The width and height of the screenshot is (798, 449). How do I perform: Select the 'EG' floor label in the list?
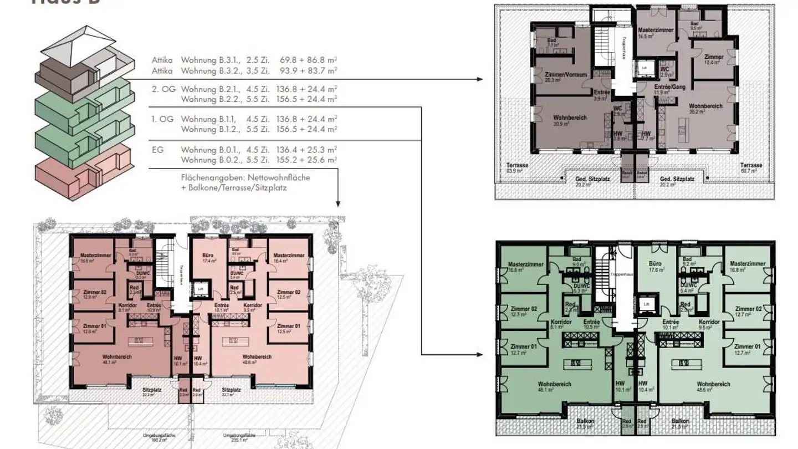[158, 150]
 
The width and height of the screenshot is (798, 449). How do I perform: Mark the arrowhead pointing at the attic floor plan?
[480, 79]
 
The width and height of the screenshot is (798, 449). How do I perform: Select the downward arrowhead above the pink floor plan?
[337, 204]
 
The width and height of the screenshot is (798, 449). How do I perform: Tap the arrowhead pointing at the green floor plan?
[480, 353]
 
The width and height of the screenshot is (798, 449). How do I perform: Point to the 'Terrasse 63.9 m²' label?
[516, 168]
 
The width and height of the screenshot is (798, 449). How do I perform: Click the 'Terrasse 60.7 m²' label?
[751, 168]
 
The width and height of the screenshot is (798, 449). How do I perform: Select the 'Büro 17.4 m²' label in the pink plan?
[208, 257]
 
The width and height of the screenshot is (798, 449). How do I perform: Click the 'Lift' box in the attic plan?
[644, 67]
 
